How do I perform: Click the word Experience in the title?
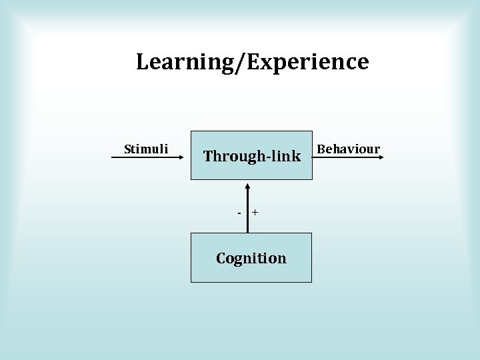[309, 62]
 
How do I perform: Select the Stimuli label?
[146, 149]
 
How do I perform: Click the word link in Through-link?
[286, 156]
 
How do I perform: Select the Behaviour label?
[348, 149]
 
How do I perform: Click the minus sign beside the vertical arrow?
[240, 213]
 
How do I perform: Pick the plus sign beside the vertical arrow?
[255, 213]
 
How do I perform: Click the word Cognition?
[251, 258]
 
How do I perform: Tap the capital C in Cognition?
[221, 258]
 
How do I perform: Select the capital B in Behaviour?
[321, 149]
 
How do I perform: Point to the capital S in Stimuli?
[128, 149]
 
